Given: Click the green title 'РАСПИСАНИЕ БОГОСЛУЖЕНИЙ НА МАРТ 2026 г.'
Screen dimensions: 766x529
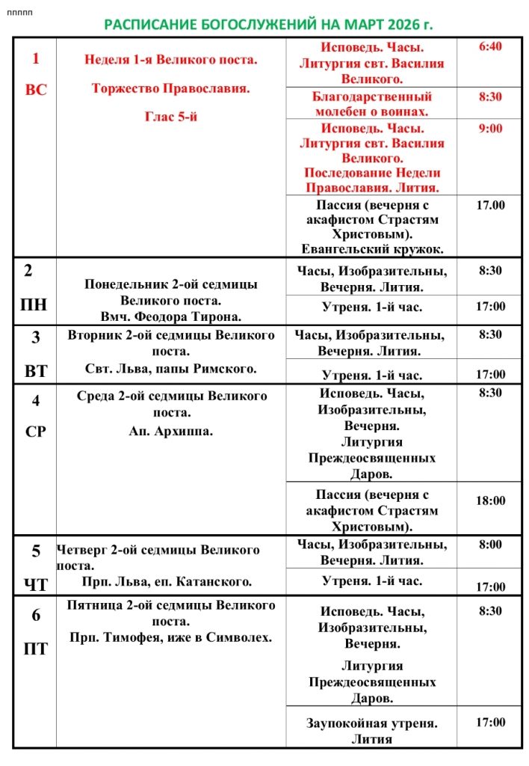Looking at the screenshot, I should [x=268, y=25].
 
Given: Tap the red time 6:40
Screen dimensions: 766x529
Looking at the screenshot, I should [x=490, y=46].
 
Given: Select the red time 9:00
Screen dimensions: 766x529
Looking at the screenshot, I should [x=490, y=128].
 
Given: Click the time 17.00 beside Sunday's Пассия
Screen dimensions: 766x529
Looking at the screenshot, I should [x=490, y=205].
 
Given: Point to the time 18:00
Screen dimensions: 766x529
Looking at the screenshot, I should [x=490, y=500].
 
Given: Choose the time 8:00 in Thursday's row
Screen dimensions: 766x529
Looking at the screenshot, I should [x=490, y=545].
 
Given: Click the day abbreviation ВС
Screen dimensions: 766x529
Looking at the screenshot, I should [x=36, y=90].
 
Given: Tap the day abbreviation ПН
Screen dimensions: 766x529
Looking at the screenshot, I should [x=35, y=304].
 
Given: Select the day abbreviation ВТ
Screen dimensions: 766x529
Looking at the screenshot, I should [x=36, y=370].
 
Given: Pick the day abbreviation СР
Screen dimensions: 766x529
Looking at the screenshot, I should [x=36, y=432].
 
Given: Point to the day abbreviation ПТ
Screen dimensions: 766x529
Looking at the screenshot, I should [x=36, y=649].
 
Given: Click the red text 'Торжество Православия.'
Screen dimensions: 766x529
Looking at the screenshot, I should [x=170, y=88].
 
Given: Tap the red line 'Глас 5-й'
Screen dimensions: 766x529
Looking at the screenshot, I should [x=170, y=117].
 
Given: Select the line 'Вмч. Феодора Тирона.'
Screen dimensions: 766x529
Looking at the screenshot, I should [x=170, y=316].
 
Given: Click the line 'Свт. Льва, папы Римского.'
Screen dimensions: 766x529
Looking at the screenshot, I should [x=171, y=368].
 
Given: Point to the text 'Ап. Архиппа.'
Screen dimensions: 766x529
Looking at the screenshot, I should [x=171, y=431].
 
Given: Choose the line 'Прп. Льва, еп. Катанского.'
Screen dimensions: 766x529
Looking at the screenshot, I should [x=167, y=581].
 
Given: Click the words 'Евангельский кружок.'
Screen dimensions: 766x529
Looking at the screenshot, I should [x=372, y=249].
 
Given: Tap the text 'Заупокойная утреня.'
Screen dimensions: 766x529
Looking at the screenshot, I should [x=372, y=723].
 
